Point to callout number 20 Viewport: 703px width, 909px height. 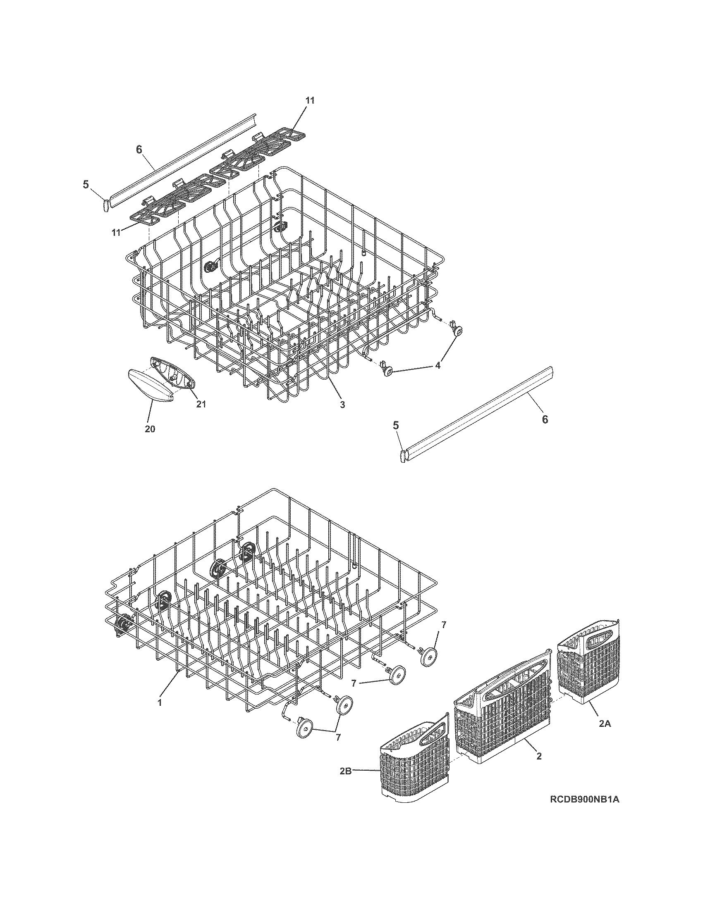coord(150,429)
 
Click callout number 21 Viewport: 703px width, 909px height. coord(201,404)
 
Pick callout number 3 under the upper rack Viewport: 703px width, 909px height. coord(342,404)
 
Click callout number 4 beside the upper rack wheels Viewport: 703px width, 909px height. coord(437,365)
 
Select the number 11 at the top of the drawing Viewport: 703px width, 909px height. coord(310,100)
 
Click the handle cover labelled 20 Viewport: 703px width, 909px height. coord(148,385)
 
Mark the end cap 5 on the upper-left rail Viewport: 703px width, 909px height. coord(105,205)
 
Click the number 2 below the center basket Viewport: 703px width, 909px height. coord(539,756)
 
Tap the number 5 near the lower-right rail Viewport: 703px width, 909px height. coord(396,425)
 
